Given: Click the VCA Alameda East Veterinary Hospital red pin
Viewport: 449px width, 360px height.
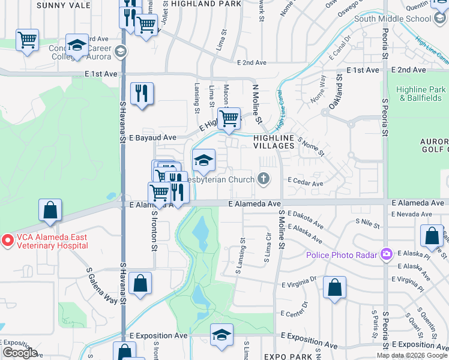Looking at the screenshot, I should click(x=8, y=241).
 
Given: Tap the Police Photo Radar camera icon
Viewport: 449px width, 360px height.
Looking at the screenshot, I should click(x=386, y=255).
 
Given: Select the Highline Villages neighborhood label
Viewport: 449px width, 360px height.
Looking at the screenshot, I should click(x=273, y=142).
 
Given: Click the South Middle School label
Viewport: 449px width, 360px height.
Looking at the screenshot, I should click(x=392, y=18).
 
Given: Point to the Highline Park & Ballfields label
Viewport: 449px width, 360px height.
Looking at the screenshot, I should click(x=421, y=94).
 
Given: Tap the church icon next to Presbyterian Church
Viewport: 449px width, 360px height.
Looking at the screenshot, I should click(x=263, y=178).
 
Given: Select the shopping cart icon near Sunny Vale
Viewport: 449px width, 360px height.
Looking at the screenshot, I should click(x=27, y=40).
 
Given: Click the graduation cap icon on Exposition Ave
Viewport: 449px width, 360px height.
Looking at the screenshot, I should click(x=221, y=335).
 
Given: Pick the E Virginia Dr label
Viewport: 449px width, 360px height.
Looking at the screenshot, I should click(x=295, y=280).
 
